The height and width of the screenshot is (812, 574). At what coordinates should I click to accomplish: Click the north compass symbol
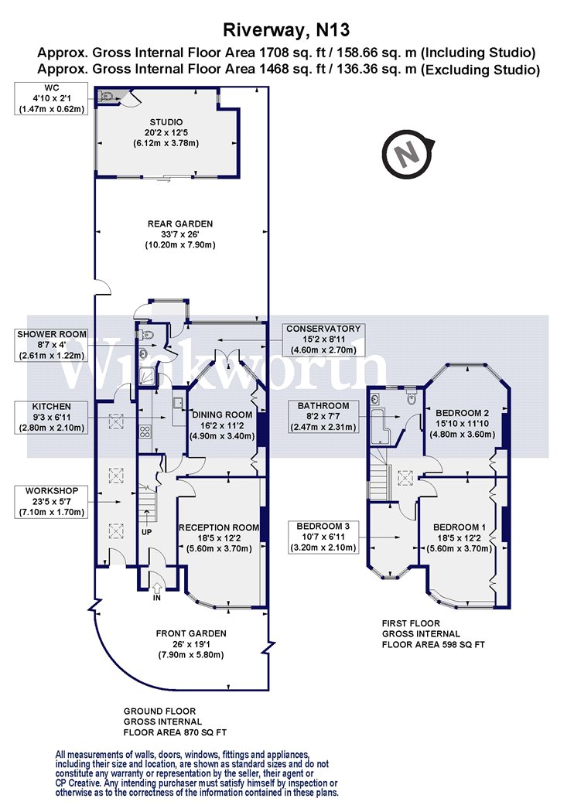point(408,154)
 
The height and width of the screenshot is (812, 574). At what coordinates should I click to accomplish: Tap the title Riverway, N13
point(286,29)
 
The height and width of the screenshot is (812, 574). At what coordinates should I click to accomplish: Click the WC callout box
point(51,98)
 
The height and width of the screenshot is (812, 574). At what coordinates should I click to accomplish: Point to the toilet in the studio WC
point(107,95)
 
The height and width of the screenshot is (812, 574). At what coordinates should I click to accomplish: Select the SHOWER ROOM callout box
point(51,345)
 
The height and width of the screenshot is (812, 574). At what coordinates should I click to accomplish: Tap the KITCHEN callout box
point(51,418)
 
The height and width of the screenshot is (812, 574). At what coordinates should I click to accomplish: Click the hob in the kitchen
point(145,432)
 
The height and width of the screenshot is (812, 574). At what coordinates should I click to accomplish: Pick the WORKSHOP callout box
point(51,501)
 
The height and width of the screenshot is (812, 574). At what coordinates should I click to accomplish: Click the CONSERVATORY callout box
point(323,339)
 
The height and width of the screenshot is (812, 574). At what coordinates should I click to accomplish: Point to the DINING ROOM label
point(222,415)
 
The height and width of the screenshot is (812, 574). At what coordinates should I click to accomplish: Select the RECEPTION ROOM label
point(219,527)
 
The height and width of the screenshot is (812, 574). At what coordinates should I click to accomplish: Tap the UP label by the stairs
point(147,532)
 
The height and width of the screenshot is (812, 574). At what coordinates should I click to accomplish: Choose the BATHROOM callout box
point(323,416)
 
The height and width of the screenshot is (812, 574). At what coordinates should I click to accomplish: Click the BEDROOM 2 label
point(462,413)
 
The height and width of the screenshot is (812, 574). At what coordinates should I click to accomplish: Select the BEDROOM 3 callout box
point(323,537)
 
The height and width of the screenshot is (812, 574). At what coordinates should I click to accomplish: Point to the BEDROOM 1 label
point(460,527)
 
